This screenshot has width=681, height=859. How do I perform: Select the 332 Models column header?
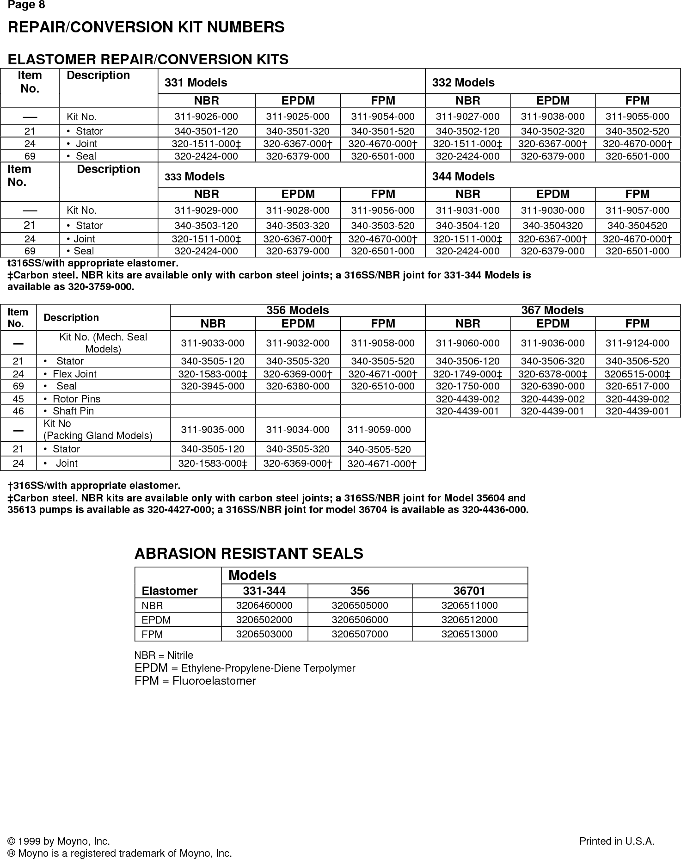pyautogui.click(x=463, y=83)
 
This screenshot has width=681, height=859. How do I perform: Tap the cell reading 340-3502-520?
pyautogui.click(x=637, y=131)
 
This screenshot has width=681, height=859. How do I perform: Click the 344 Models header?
pyautogui.click(x=463, y=177)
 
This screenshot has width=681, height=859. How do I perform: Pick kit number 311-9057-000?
pyautogui.click(x=637, y=210)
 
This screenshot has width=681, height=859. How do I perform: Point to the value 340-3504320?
pyautogui.click(x=552, y=226)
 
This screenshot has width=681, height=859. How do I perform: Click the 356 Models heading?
pyautogui.click(x=297, y=310)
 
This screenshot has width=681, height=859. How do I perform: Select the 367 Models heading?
pyautogui.click(x=552, y=310)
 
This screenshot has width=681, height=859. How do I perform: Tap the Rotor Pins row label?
pyautogui.click(x=76, y=399)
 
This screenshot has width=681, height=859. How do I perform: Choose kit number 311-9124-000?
pyautogui.click(x=637, y=343)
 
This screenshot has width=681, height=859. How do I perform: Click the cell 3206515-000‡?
pyautogui.click(x=637, y=374)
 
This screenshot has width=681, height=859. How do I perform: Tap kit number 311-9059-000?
pyautogui.click(x=379, y=430)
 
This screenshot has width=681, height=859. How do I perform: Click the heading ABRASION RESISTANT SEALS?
pyautogui.click(x=248, y=554)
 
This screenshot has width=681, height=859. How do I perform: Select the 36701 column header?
pyautogui.click(x=469, y=591)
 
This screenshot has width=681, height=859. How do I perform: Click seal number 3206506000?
pyautogui.click(x=360, y=620)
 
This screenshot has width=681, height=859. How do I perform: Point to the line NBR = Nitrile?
pyautogui.click(x=164, y=655)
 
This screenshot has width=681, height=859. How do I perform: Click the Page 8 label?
pyautogui.click(x=26, y=5)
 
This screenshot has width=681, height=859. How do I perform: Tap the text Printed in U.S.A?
pyautogui.click(x=616, y=841)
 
